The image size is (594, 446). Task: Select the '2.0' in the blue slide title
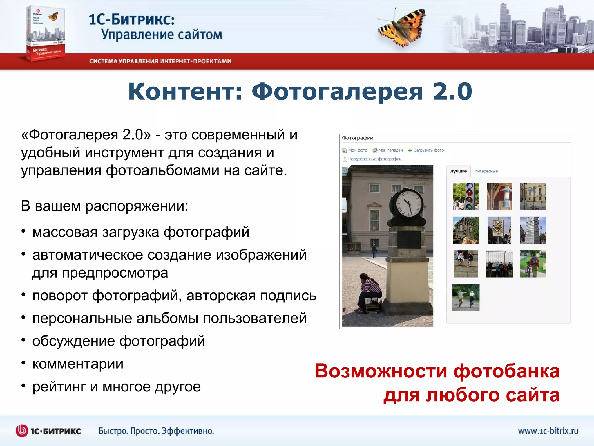tap(452, 91)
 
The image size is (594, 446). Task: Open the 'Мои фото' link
tap(357, 150)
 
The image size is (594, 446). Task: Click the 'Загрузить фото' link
tap(429, 150)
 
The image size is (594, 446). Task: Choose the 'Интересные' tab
tap(486, 171)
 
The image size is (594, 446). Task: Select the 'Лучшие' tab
tap(458, 171)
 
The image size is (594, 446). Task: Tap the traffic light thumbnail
tap(466, 197)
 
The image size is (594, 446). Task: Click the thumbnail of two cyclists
tap(466, 298)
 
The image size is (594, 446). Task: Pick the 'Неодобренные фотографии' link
tap(375, 159)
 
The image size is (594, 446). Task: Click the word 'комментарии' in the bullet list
tap(78, 364)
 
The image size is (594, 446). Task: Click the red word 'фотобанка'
tap(506, 371)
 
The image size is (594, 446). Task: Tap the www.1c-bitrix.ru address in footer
tap(548, 431)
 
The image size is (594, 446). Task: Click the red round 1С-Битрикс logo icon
tap(22, 431)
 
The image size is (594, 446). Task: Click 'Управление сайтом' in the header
tap(162, 35)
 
